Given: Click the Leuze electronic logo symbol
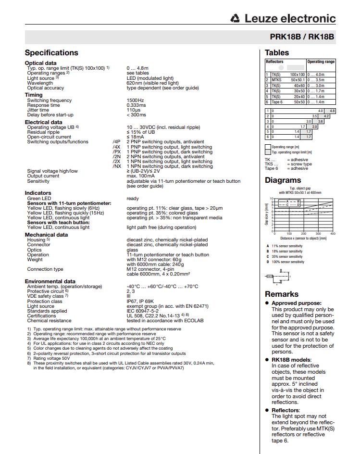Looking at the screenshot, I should point(235,19).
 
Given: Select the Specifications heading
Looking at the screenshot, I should point(51,53).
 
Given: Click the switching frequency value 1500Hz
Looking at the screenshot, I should point(136,101).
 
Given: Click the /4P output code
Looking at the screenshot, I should point(116,142).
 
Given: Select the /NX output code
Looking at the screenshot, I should point(116,166).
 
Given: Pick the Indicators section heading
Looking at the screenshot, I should point(38,193).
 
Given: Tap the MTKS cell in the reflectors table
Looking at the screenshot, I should point(276,80).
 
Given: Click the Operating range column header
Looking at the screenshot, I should point(321,62).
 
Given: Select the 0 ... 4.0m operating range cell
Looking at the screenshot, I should point(316,75).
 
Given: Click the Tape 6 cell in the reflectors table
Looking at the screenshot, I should point(277,102).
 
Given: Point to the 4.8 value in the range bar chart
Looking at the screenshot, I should point(332,111).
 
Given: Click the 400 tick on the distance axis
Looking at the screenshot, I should point(333,234).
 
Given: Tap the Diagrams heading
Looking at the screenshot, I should point(283,181).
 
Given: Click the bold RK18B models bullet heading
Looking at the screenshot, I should point(291,359).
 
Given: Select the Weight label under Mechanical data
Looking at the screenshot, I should point(35,260).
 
